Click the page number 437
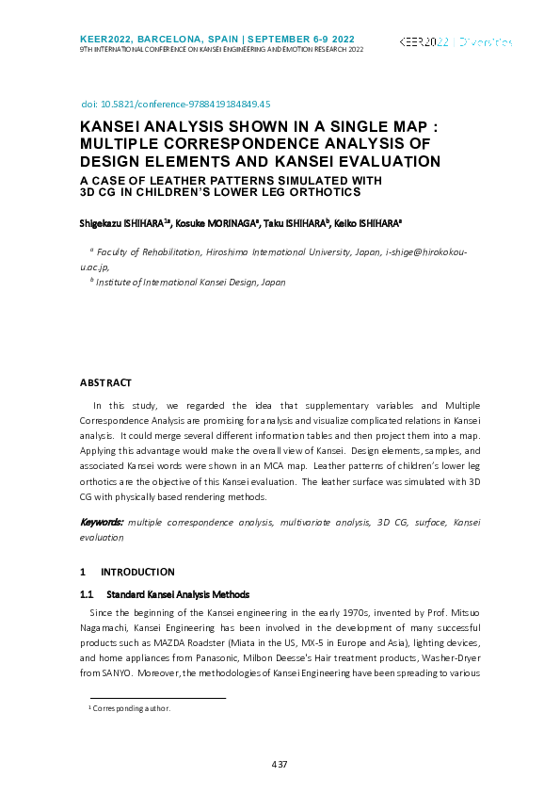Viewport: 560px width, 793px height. pos(280,763)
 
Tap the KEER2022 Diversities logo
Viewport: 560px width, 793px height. pos(456,42)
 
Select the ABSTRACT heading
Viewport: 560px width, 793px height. pos(105,382)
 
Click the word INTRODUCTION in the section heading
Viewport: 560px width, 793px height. pos(137,572)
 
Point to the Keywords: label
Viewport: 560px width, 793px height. pos(102,521)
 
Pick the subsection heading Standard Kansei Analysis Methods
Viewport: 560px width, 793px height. pos(178,594)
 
